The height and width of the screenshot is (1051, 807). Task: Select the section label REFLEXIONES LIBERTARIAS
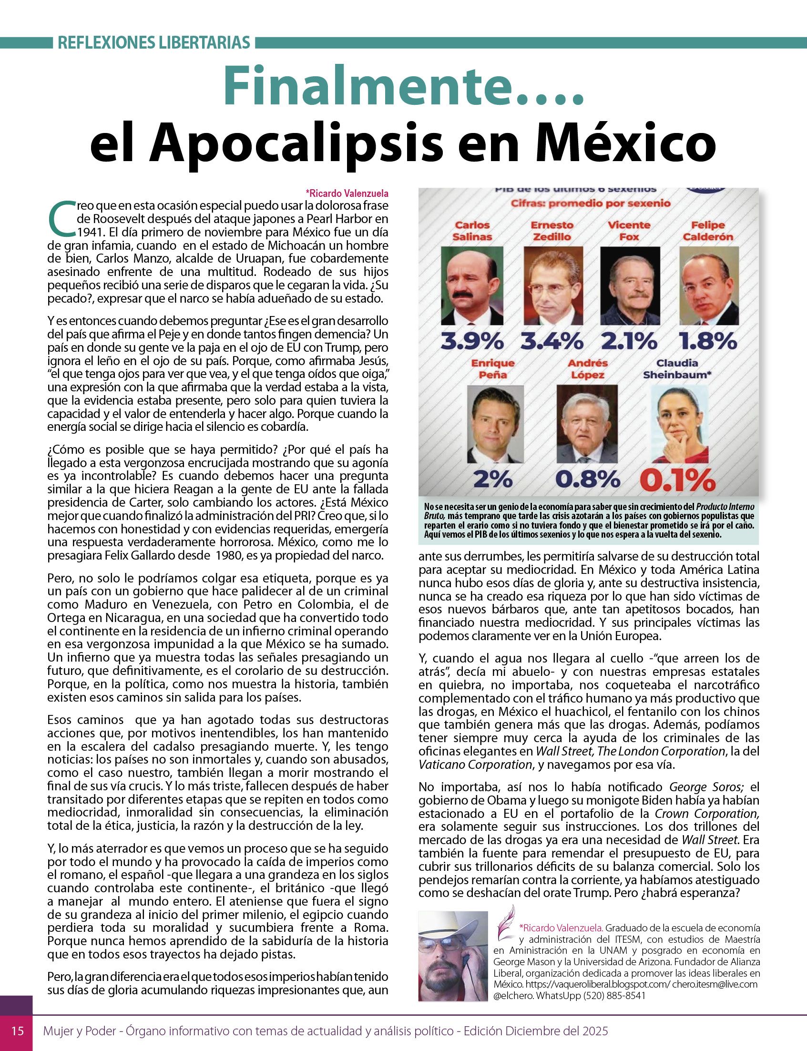[x=153, y=43]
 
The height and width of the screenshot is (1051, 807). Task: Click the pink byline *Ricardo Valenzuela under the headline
[x=347, y=194]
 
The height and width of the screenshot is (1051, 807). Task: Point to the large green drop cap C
[x=61, y=219]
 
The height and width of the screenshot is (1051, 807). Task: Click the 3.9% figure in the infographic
[x=472, y=342]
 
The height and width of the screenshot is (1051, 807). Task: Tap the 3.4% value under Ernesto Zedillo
[x=552, y=342]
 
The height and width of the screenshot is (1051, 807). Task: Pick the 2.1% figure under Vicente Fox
[x=629, y=342]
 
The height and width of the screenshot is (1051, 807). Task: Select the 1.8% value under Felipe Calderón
[x=708, y=342]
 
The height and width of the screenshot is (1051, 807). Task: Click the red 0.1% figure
[x=678, y=480]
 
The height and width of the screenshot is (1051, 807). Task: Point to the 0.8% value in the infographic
[x=587, y=480]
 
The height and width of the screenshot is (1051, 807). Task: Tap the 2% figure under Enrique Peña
[x=493, y=480]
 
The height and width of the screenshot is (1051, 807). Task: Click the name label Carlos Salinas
[x=472, y=231]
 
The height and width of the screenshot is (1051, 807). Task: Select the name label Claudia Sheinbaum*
[x=677, y=369]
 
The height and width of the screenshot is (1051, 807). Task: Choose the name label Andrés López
[x=587, y=369]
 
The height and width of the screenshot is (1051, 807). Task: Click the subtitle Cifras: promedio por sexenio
[x=591, y=203]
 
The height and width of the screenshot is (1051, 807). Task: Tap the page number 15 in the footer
[x=17, y=1031]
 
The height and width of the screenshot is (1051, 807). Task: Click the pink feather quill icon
[x=505, y=923]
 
